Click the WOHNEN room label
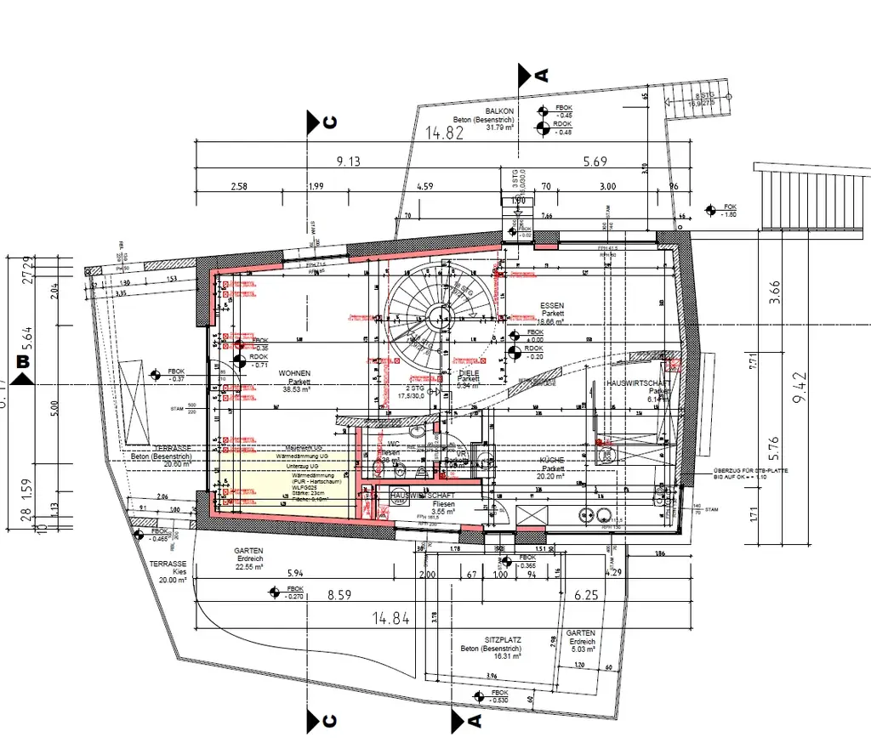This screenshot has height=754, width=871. click(294, 373)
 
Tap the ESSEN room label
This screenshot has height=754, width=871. click(552, 305)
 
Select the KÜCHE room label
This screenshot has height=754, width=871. click(552, 460)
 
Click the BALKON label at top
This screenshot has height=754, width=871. click(499, 111)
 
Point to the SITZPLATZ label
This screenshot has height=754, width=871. click(503, 639)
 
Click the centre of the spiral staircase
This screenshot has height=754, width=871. click(438, 315)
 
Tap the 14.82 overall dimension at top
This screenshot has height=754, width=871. click(444, 133)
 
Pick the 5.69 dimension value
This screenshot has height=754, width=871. click(595, 162)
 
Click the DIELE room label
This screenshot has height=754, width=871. click(469, 373)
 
